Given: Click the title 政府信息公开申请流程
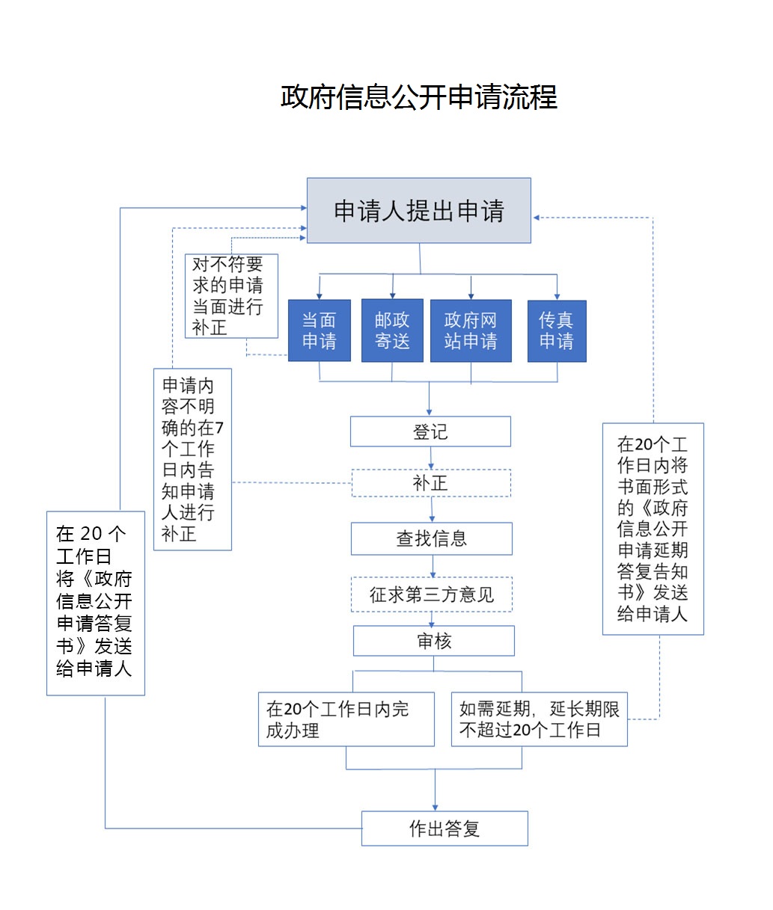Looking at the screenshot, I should coord(419,97).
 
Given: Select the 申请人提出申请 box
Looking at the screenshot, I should coord(419,211).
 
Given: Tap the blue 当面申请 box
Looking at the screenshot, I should coord(320,331).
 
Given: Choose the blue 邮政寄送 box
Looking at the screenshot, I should coord(392,331).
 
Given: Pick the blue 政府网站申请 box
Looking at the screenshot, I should coord(471,331).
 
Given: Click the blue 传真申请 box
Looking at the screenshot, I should coord(557,331).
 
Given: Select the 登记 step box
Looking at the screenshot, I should coord(430,431).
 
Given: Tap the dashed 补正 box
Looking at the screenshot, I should coord(431,483).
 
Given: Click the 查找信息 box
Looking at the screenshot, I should coord(432,538).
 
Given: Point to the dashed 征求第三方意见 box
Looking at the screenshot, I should coord(432,594).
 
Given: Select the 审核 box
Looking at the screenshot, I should coord(434,641).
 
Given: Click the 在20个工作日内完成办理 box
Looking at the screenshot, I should coord(346,719).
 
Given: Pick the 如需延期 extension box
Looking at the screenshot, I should coord(539,719).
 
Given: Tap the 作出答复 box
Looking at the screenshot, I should coord(444,828).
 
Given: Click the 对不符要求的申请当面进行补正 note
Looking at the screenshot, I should coord(231,296).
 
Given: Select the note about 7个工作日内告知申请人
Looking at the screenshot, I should coord(192,459).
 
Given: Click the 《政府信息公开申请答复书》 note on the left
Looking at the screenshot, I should coord(96,603).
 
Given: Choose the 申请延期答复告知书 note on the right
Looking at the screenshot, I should coord(653,529).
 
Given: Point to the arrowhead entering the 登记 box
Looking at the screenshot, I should coord(430,411).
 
